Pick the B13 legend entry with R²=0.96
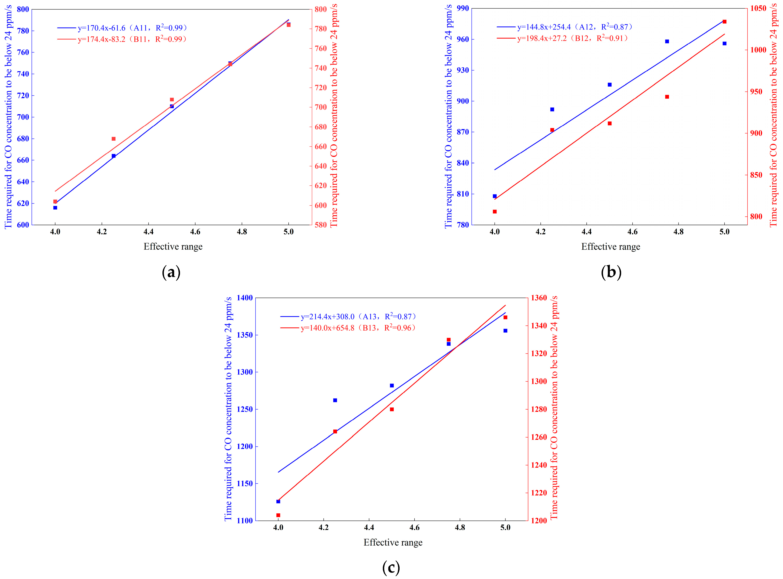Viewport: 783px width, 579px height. (358, 328)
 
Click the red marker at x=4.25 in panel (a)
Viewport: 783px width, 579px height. (114, 139)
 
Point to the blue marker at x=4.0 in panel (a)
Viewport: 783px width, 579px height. (55, 207)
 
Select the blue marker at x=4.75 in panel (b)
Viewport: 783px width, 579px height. (667, 41)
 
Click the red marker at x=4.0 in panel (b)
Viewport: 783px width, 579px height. (495, 212)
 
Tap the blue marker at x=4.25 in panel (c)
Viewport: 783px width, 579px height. (335, 400)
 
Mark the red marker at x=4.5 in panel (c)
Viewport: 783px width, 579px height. (392, 409)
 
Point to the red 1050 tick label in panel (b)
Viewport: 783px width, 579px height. (758, 8)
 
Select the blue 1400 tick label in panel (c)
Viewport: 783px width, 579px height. (245, 298)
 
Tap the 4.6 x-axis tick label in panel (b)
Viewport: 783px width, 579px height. (632, 232)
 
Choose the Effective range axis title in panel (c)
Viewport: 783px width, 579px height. (393, 542)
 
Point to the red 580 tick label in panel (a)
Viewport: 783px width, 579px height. (321, 225)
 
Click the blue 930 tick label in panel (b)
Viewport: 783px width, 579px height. (463, 70)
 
